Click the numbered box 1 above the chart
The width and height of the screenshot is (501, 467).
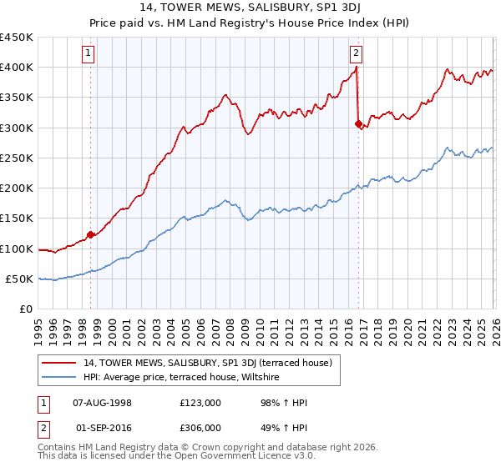click(89, 53)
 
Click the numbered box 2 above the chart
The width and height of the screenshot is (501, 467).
click(357, 53)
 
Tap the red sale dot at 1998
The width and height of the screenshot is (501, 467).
click(90, 234)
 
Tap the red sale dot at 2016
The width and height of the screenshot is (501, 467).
click(358, 123)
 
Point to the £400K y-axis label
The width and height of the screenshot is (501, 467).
click(17, 68)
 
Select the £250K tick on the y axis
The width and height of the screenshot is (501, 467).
click(17, 158)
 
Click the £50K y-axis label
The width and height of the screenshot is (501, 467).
click(20, 279)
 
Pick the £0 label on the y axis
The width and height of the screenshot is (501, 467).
click(27, 309)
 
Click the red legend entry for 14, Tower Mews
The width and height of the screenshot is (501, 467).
click(208, 363)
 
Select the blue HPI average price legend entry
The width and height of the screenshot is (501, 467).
click(180, 378)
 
